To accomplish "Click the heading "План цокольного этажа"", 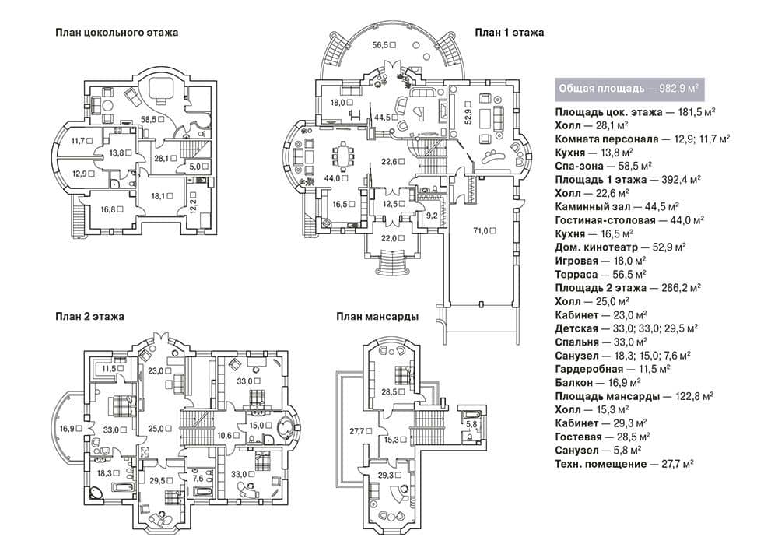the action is (x=117, y=33).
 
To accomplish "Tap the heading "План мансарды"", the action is (x=377, y=317).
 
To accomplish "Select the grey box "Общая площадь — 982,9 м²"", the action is (x=629, y=89).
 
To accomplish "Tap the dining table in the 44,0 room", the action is (x=343, y=155).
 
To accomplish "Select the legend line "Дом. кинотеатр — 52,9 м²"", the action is (x=620, y=247).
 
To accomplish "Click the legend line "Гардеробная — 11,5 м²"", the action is (x=613, y=370).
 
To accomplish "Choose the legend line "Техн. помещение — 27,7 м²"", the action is (x=624, y=464).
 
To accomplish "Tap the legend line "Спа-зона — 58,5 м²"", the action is (x=604, y=167).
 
